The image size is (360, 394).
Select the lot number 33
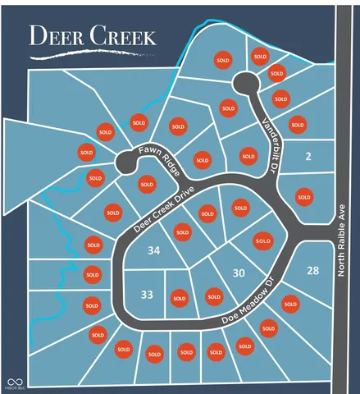click(147, 293)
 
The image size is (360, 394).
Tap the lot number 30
click(239, 273)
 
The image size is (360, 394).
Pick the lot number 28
click(312, 271)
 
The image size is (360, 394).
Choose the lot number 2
click(308, 156)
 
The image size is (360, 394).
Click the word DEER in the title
click(59, 36)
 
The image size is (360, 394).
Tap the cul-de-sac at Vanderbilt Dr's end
click(244, 82)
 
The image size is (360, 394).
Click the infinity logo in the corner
click(14, 382)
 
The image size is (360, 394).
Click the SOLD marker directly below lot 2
click(304, 196)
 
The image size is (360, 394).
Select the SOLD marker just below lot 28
click(289, 304)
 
